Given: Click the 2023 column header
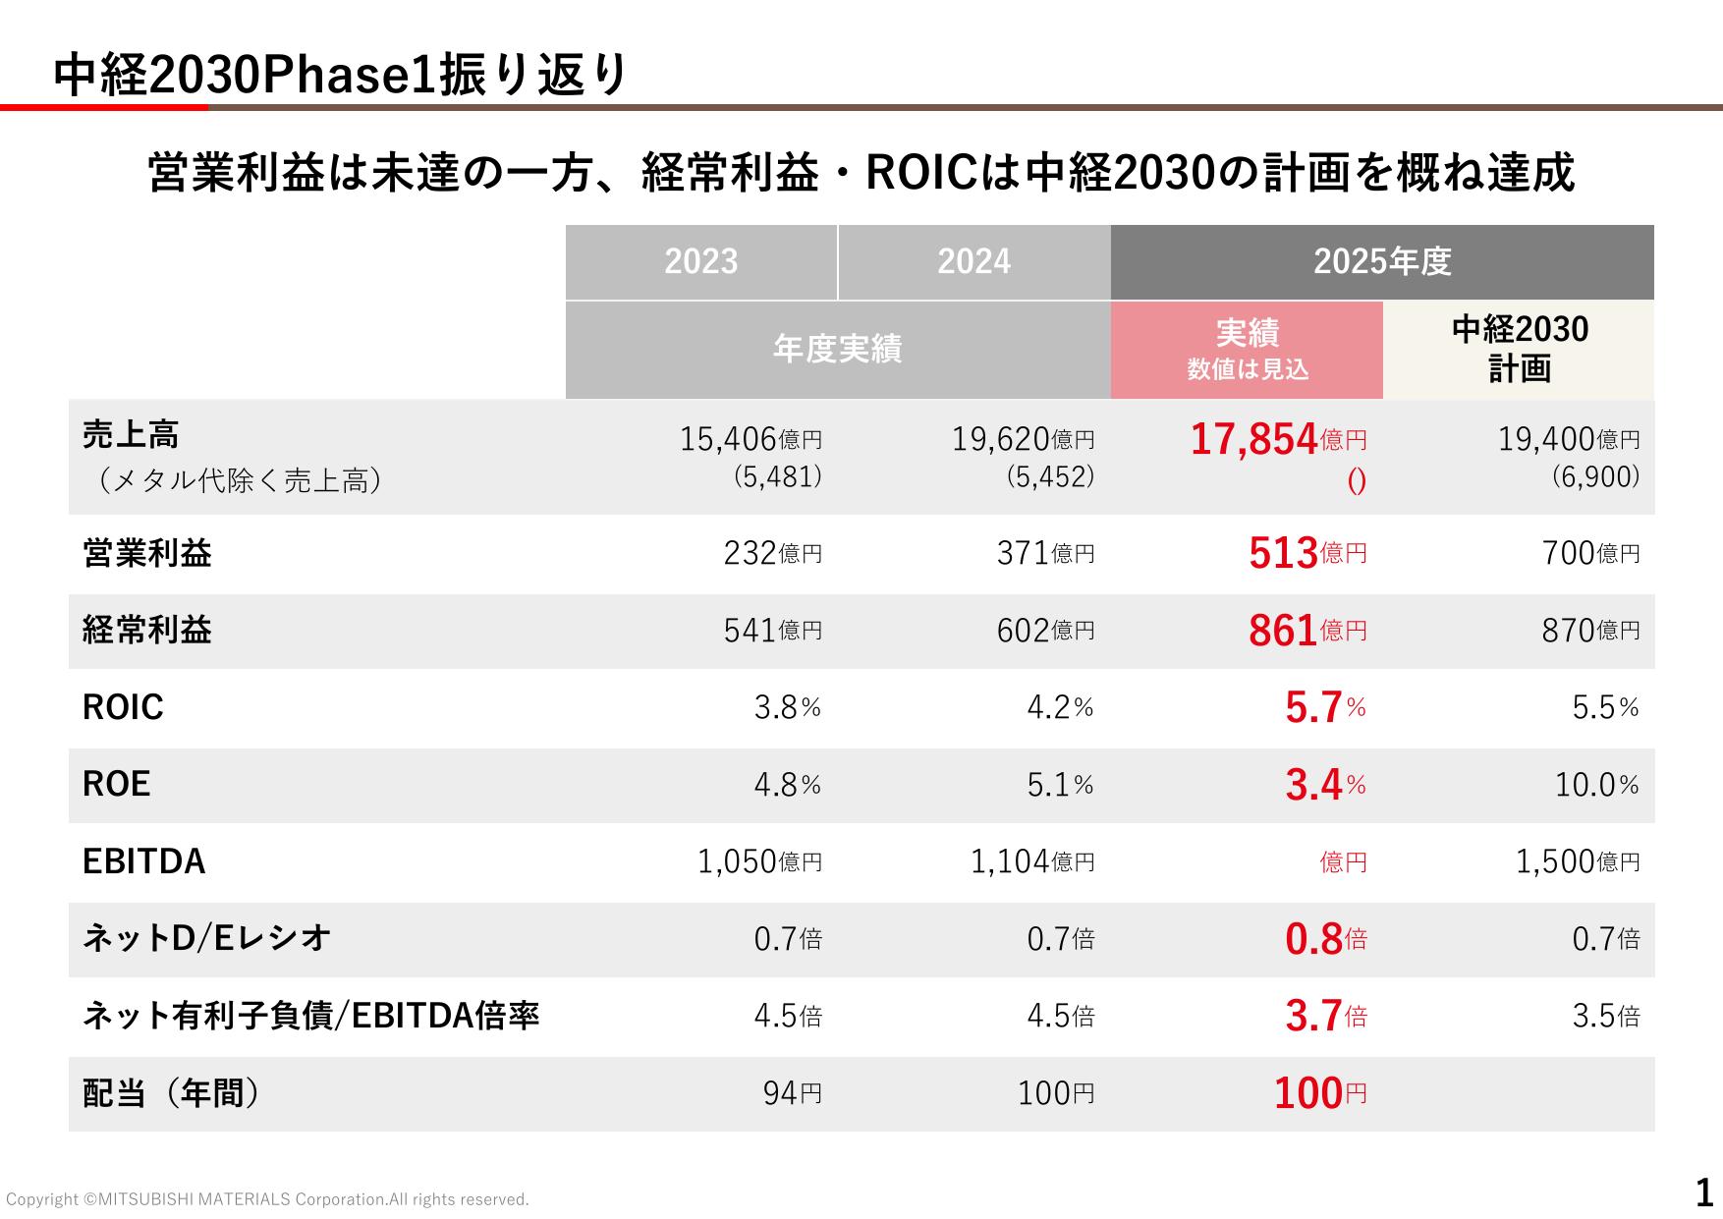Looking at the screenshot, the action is pyautogui.click(x=701, y=262).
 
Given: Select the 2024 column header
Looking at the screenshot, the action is pyautogui.click(x=974, y=262).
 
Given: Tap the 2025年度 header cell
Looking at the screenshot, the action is pyautogui.click(x=1382, y=262).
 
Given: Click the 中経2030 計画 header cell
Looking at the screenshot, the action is pyautogui.click(x=1519, y=350).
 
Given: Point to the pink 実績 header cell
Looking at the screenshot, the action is pyautogui.click(x=1247, y=350).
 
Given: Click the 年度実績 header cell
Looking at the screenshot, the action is pyautogui.click(x=838, y=350).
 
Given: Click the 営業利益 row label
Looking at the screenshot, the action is pyautogui.click(x=147, y=553).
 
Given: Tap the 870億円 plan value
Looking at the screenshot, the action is pyautogui.click(x=1590, y=631).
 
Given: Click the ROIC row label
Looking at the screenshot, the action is pyautogui.click(x=123, y=707).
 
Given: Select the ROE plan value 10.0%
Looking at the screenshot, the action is pyautogui.click(x=1597, y=785).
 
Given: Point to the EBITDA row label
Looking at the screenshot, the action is pyautogui.click(x=144, y=861).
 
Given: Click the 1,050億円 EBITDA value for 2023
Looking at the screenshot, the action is pyautogui.click(x=759, y=861).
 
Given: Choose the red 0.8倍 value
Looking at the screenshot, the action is pyautogui.click(x=1326, y=939).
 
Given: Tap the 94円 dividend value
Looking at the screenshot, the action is pyautogui.click(x=793, y=1093).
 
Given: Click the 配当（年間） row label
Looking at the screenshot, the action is pyautogui.click(x=172, y=1093).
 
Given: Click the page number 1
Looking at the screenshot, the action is pyautogui.click(x=1704, y=1193).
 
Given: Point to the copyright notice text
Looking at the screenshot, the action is pyautogui.click(x=267, y=1199).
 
